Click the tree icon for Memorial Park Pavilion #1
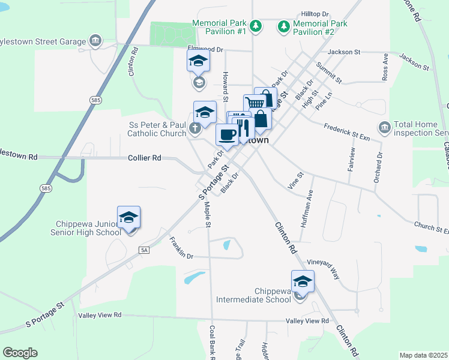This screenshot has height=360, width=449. pyautogui.click(x=256, y=26)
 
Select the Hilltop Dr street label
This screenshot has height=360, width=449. pyautogui.click(x=316, y=13)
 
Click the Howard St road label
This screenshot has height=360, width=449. pyautogui.click(x=226, y=85)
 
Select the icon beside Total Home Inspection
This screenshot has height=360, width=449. pyautogui.click(x=384, y=127)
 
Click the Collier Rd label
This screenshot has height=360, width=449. pyautogui.click(x=145, y=157)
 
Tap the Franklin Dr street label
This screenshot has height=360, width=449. pyautogui.click(x=181, y=248)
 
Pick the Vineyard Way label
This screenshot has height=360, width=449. pyautogui.click(x=324, y=269)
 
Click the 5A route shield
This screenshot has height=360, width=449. pyautogui.click(x=143, y=250)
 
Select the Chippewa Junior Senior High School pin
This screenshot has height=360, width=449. pyautogui.click(x=129, y=217)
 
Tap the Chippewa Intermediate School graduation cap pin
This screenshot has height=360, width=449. pyautogui.click(x=303, y=281)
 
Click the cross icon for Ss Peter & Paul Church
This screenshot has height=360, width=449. pyautogui.click(x=194, y=127)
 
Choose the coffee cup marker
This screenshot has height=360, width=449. pyautogui.click(x=226, y=134)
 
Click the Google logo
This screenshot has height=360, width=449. pyautogui.click(x=20, y=353)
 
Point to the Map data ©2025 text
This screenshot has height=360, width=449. pyautogui.click(x=423, y=355)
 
